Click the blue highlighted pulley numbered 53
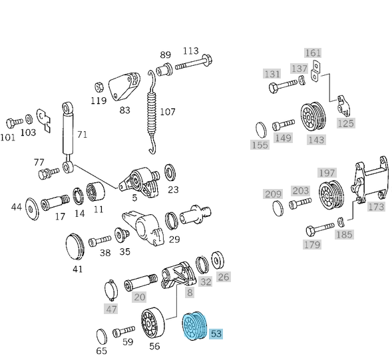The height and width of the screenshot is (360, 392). (195, 329)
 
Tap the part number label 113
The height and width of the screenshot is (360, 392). (190, 51)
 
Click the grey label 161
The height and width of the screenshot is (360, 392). (313, 53)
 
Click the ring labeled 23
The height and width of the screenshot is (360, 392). (170, 174)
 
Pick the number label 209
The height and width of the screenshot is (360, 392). (273, 194)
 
